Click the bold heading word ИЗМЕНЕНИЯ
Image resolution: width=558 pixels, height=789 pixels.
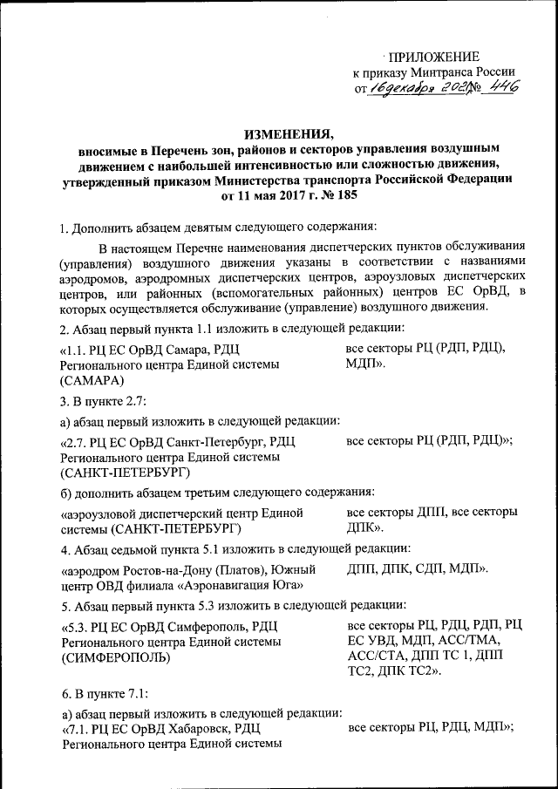[287, 133]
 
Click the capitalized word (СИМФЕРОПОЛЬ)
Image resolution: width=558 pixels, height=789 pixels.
[116, 656]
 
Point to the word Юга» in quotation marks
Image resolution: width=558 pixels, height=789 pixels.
[289, 586]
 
